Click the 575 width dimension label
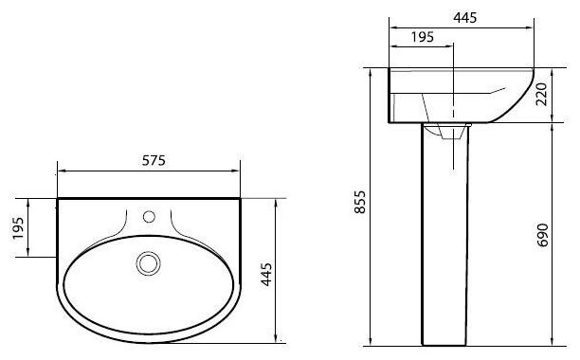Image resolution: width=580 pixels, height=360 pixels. coord(154,160)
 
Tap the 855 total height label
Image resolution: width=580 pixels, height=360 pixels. coord(359,202)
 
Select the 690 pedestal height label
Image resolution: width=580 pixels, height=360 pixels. coord(542,235)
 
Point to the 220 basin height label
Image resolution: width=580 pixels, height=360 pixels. coord(541,94)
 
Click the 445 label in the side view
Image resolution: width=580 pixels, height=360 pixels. coord(465,17)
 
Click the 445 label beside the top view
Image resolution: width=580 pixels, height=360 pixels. coord(266,274)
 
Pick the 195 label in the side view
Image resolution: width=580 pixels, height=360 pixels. coord(423,37)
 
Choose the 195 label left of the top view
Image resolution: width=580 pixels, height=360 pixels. coord(18,228)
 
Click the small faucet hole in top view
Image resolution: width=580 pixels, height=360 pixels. coord(149,217)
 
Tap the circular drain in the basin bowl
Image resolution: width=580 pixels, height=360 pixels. coord(149,263)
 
